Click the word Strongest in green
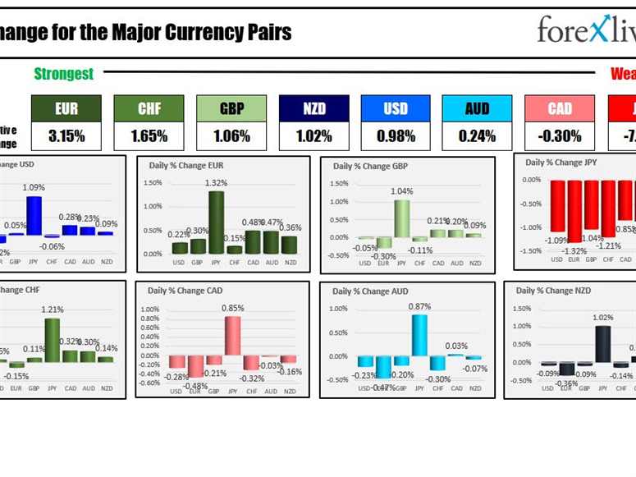[63, 74]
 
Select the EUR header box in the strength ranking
[66, 108]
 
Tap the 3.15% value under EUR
[66, 135]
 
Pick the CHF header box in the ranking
[149, 108]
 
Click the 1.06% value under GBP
[231, 135]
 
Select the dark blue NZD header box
[313, 108]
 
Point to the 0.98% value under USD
[396, 135]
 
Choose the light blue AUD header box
[477, 108]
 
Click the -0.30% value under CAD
[560, 135]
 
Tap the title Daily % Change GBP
[370, 166]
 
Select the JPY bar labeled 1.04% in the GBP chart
[401, 218]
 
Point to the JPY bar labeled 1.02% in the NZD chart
[602, 343]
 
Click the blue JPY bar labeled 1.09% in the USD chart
[34, 215]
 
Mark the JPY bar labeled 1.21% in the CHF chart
[52, 340]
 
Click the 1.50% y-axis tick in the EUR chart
[153, 183]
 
